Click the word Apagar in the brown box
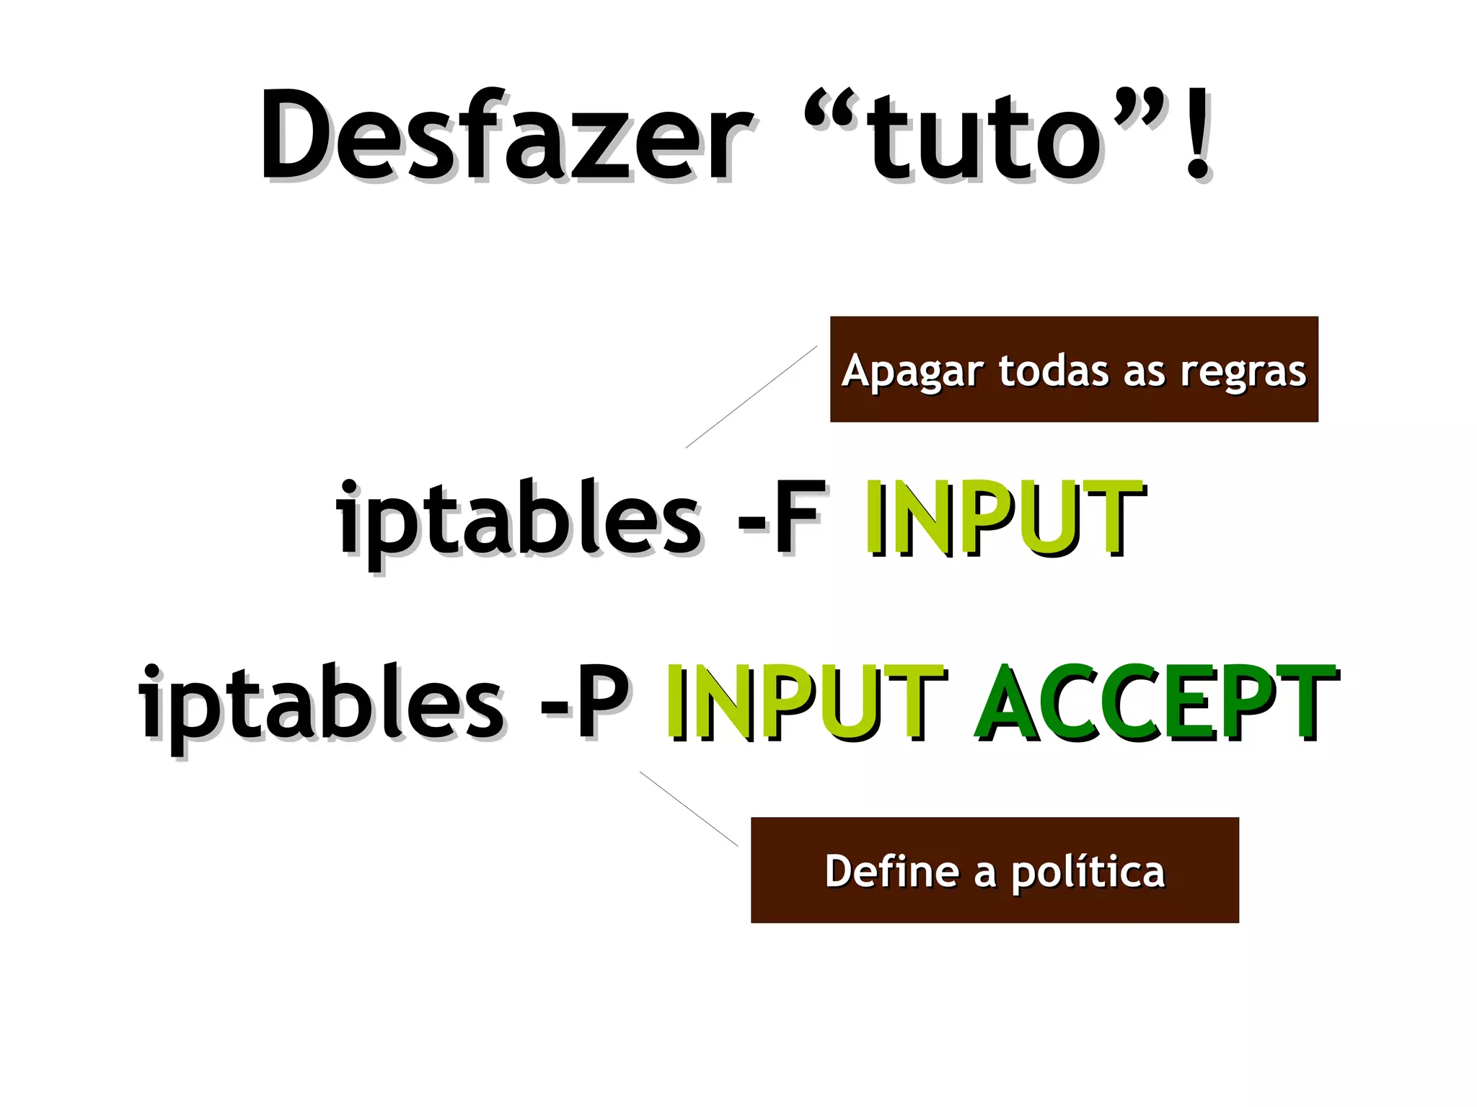tap(912, 372)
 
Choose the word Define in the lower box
tap(891, 870)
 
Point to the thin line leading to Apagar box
tap(751, 397)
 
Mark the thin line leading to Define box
tap(689, 808)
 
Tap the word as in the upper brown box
tap(1144, 372)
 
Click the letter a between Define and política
tap(985, 873)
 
